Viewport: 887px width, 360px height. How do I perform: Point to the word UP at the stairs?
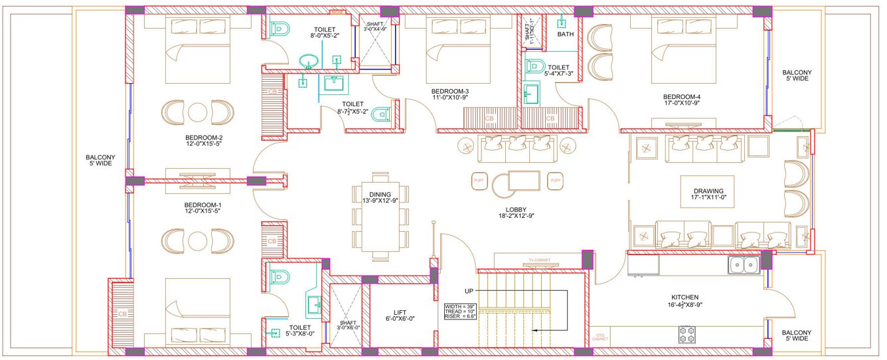469,291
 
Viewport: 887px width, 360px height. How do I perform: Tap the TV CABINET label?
540,260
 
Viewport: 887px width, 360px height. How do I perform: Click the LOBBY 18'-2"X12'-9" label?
516,212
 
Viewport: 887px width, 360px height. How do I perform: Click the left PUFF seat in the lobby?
480,180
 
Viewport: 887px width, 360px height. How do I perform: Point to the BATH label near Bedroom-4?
566,34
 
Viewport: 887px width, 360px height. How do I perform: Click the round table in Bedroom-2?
199,111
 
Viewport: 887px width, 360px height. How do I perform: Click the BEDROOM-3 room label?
449,94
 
